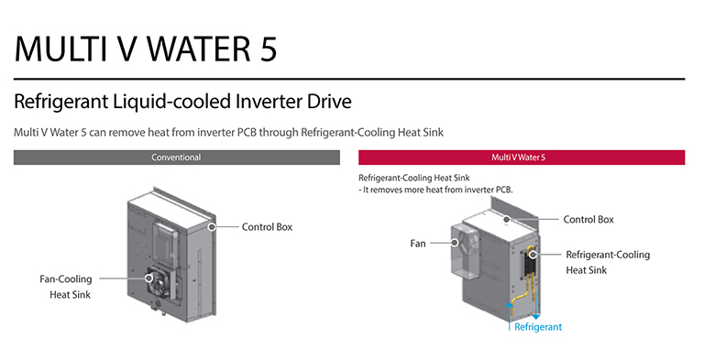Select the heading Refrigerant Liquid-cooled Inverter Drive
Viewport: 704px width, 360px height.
point(182,100)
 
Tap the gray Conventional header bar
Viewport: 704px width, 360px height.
point(176,158)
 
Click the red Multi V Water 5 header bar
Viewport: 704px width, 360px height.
point(521,158)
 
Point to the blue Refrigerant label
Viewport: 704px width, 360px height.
point(537,327)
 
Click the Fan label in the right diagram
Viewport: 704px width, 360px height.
point(419,244)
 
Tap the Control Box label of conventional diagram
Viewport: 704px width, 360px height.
point(268,225)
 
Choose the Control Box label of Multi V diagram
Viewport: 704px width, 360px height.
point(588,219)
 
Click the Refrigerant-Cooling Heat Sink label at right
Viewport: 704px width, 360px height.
point(608,262)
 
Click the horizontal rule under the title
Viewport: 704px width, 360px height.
point(349,80)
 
